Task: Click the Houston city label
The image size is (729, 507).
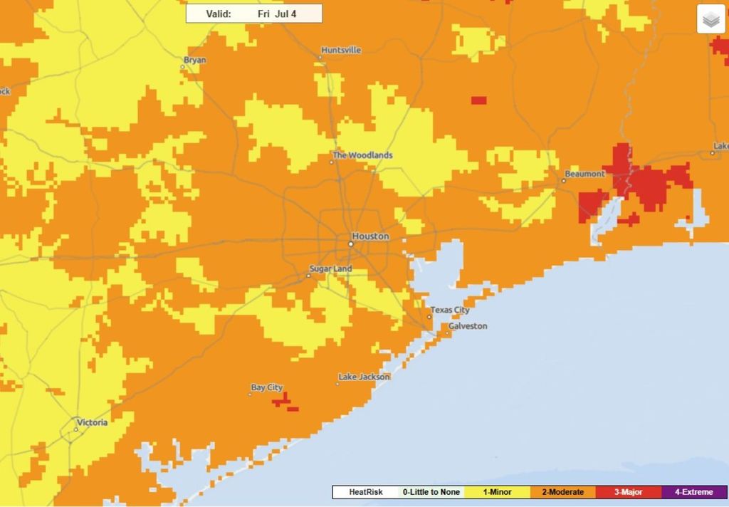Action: point(371,236)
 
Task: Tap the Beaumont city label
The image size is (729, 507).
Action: point(584,174)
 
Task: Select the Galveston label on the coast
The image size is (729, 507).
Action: point(468,326)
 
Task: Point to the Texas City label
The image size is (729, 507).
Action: point(450,310)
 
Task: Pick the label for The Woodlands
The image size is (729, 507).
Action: point(362,155)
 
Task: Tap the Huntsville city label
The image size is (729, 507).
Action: point(341,51)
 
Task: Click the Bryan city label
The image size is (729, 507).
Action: point(194,60)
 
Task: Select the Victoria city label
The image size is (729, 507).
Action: point(92,422)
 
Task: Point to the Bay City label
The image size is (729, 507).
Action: point(266,387)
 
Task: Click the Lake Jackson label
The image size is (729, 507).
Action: point(364,377)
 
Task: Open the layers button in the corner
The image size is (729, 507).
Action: point(710,21)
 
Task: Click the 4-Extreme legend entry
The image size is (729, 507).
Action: point(693,492)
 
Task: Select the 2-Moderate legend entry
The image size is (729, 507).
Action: point(562,492)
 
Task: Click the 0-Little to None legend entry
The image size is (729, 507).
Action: point(431,492)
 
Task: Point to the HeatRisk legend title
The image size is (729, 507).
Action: point(365,492)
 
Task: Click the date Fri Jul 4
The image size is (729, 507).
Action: point(276,14)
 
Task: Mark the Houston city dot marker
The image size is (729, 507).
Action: point(350,244)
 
